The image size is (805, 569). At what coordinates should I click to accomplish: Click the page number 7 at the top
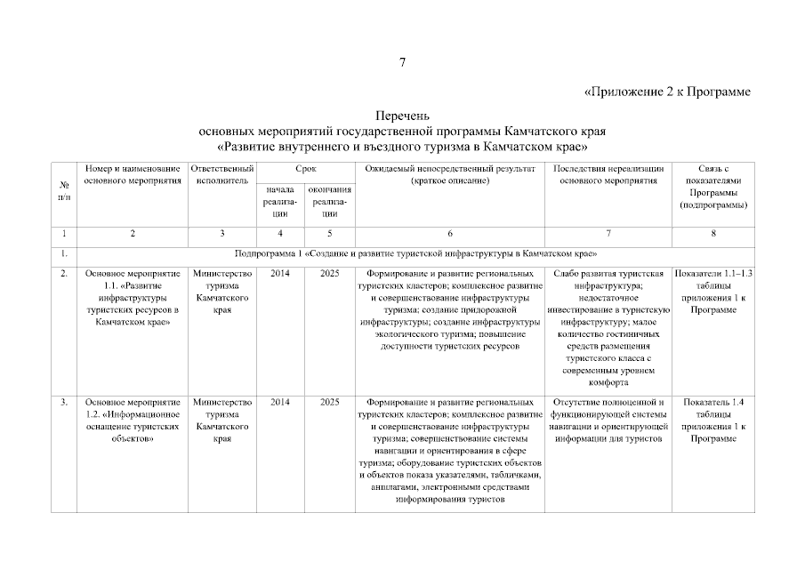(402, 62)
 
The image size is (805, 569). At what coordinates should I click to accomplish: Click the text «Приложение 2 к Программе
(666, 92)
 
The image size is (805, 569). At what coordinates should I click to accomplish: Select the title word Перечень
(402, 116)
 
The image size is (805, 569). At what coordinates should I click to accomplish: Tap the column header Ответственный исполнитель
(221, 174)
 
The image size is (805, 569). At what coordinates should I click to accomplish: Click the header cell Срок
(305, 169)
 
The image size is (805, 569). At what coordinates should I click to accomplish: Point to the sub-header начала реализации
(280, 201)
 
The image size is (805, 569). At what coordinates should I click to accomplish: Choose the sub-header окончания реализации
(330, 201)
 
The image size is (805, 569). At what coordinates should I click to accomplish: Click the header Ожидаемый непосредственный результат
(450, 174)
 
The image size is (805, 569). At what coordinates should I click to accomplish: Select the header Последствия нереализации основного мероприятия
(608, 174)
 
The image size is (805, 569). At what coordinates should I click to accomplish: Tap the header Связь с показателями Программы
(713, 186)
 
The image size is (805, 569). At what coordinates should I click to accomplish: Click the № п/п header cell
(64, 190)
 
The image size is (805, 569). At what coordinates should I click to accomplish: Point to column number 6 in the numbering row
(450, 234)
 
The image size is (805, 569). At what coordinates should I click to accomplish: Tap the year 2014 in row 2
(280, 274)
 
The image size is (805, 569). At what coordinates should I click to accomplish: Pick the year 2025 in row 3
(330, 403)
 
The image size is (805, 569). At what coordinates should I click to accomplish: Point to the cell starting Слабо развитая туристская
(608, 327)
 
